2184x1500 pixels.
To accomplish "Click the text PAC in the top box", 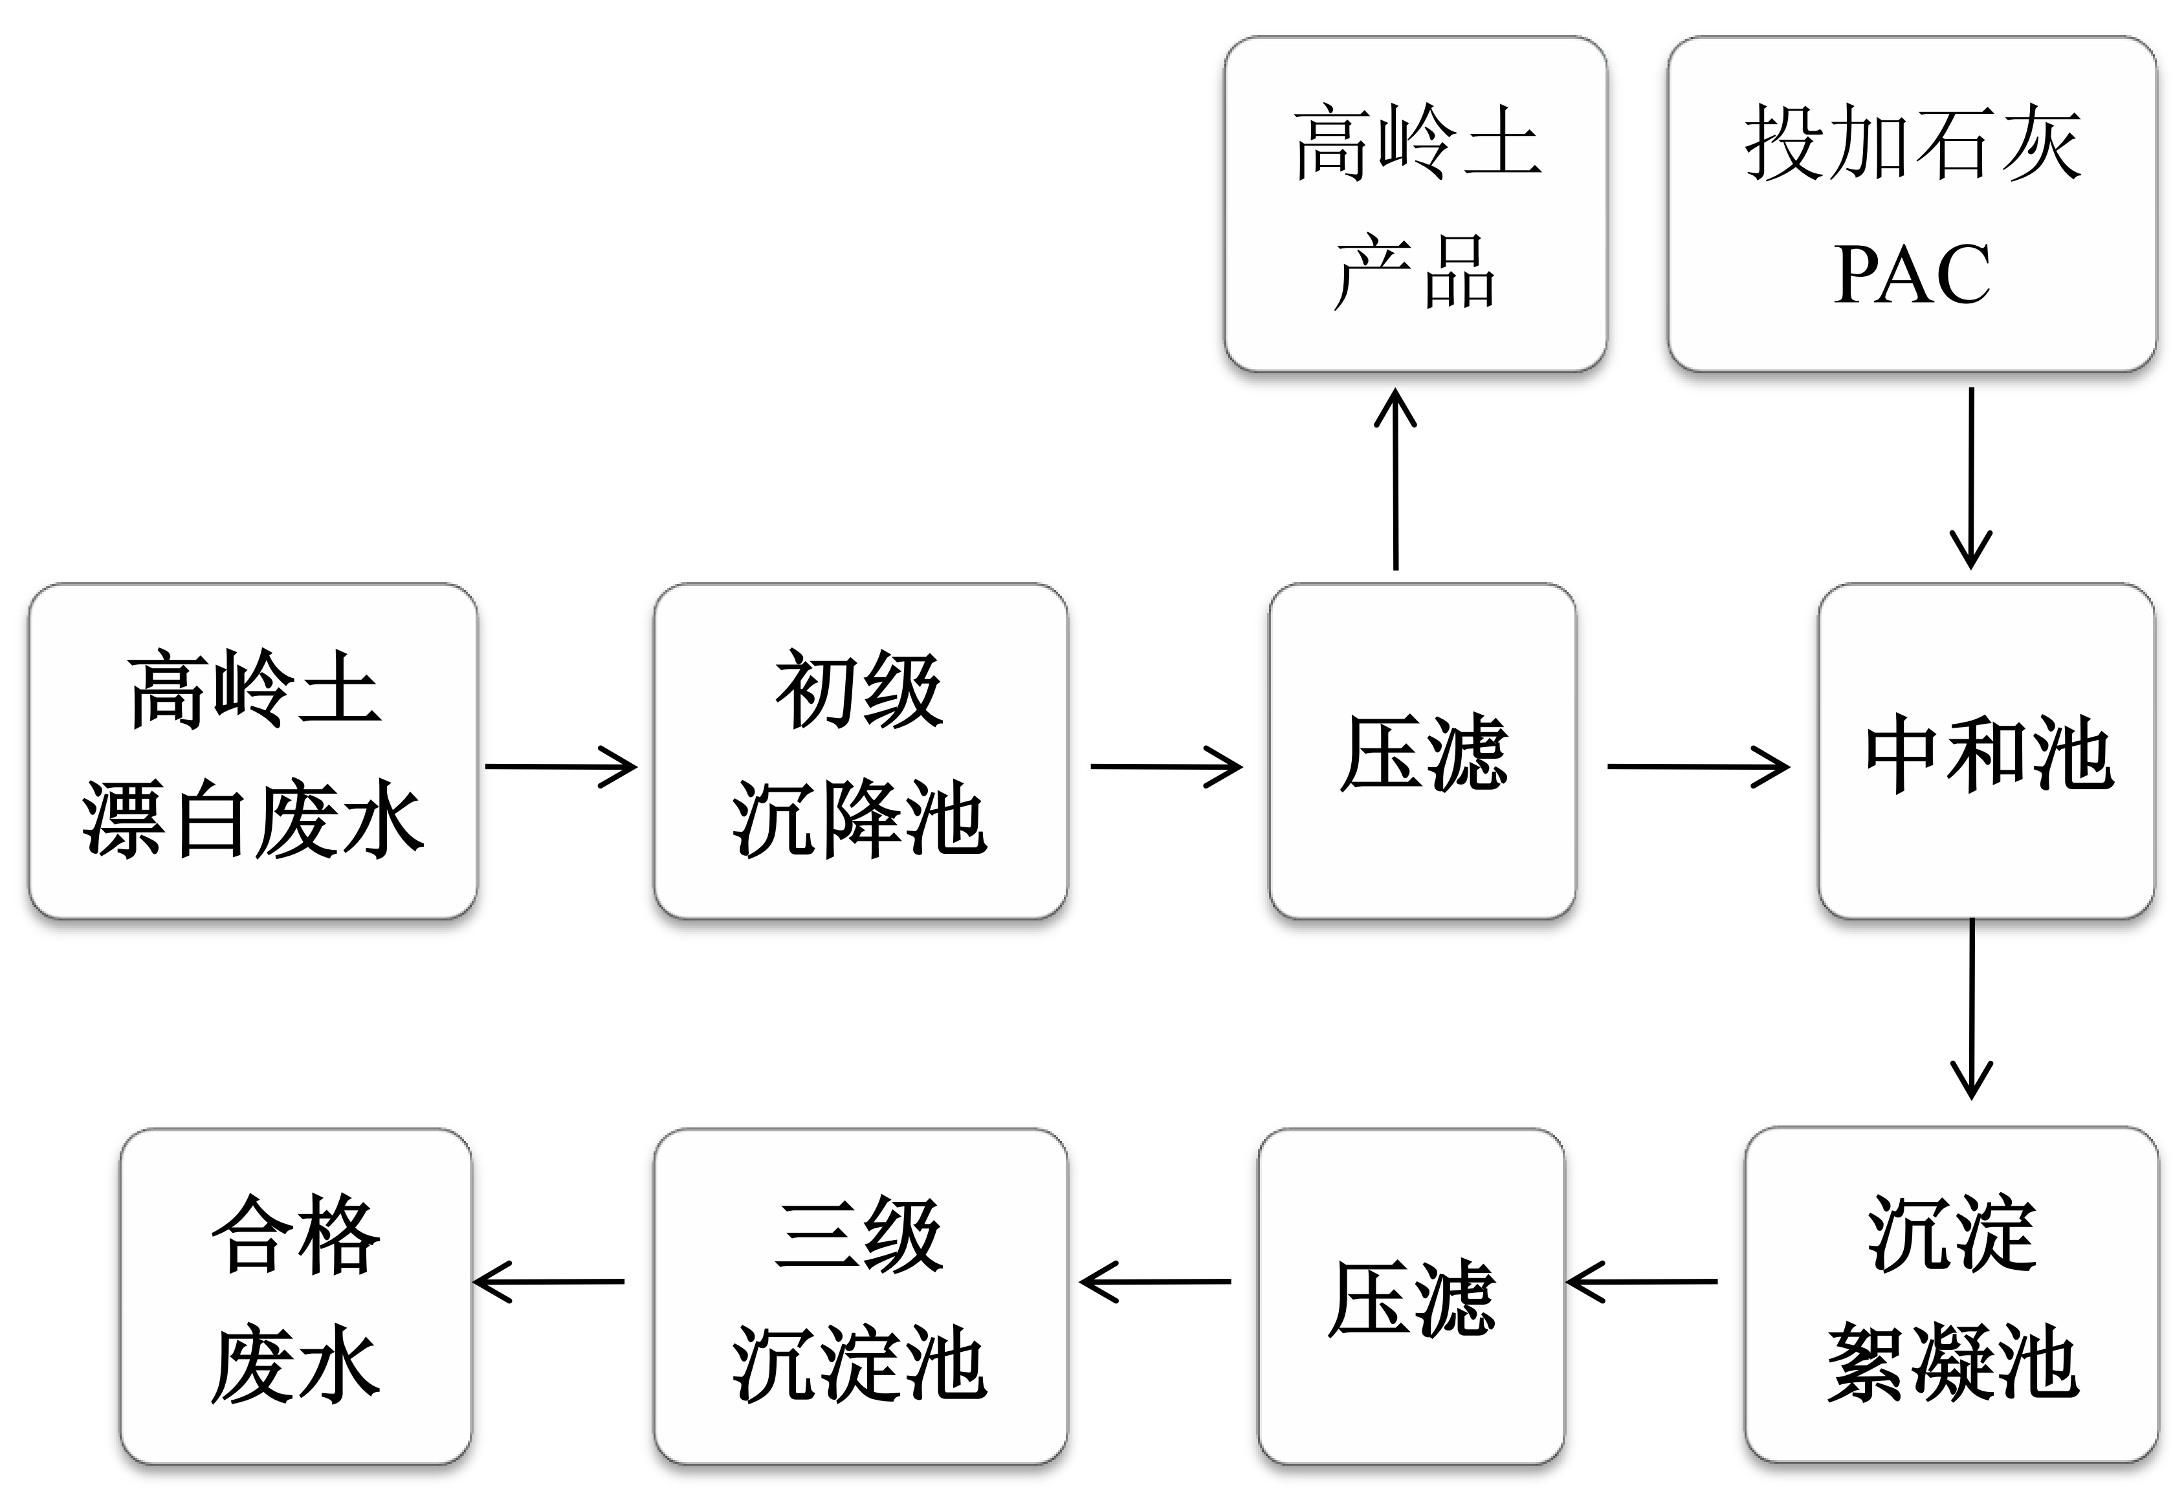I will pos(1912,274).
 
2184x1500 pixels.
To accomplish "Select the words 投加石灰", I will pos(1912,143).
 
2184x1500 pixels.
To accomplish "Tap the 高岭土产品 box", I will pos(1415,204).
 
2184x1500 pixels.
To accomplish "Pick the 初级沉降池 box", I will pos(860,751).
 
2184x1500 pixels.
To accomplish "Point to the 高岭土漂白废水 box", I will pos(253,751).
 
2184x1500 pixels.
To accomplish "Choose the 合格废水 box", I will pos(295,1296).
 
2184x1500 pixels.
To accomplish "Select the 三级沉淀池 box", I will pos(860,1296).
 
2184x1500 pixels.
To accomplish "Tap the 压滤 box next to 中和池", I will pos(1422,751).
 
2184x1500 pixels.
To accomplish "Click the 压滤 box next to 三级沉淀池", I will pos(1411,1296).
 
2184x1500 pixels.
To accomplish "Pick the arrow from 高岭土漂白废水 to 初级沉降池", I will pos(561,766).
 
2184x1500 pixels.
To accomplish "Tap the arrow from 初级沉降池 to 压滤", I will pos(1166,766).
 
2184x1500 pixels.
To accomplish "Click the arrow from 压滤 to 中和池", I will pos(1697,766).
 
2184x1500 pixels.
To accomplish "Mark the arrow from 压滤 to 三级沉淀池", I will pos(1156,1281).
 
